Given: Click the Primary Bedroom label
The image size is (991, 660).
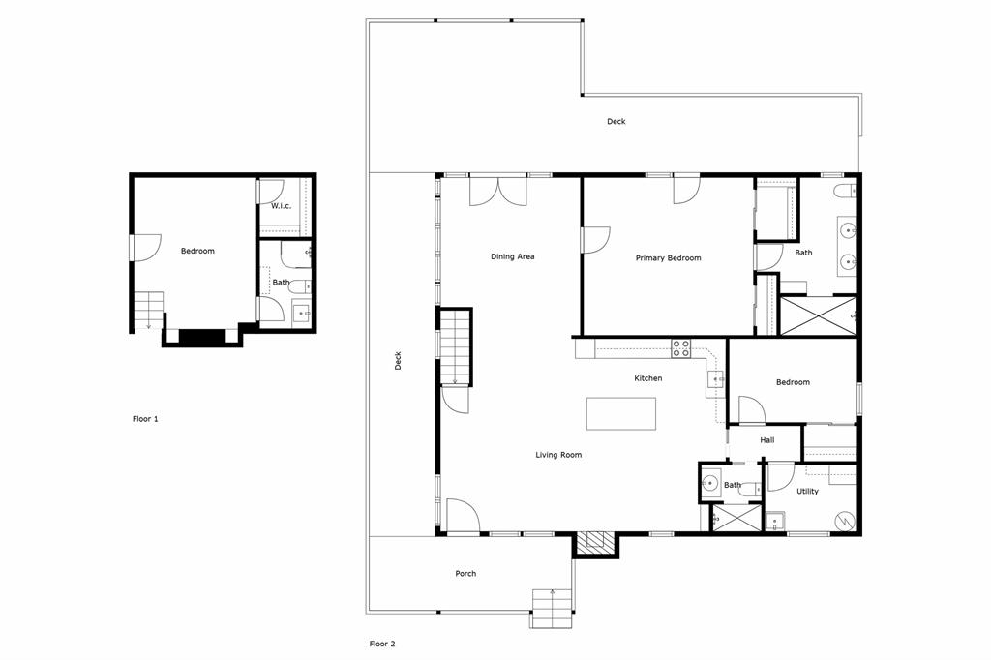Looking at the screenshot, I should (668, 258).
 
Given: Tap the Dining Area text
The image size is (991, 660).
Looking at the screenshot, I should (512, 256).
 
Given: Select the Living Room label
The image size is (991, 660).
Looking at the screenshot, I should (558, 455).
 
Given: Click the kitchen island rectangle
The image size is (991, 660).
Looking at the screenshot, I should (620, 413).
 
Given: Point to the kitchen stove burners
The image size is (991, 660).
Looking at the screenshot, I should (680, 348).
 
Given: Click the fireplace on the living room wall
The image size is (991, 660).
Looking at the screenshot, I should (595, 543).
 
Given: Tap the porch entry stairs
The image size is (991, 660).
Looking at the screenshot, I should (552, 608).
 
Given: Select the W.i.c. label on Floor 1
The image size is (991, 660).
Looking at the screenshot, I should (281, 206).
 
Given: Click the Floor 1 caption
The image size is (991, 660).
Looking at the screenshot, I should (145, 419).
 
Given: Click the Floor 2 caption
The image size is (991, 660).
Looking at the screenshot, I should (382, 644).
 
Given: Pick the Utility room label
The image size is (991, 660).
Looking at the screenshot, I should (807, 492).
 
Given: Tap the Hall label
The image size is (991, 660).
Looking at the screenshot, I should (766, 440).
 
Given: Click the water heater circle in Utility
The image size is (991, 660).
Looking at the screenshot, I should (843, 520).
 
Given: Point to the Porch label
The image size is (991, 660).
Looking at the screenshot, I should (465, 574).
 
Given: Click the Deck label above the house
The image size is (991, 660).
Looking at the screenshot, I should (616, 122).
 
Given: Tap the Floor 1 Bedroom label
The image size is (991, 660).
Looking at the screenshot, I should (197, 252).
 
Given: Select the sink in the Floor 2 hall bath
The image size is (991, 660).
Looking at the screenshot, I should (710, 485).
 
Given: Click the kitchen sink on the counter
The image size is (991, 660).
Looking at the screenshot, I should (714, 379).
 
